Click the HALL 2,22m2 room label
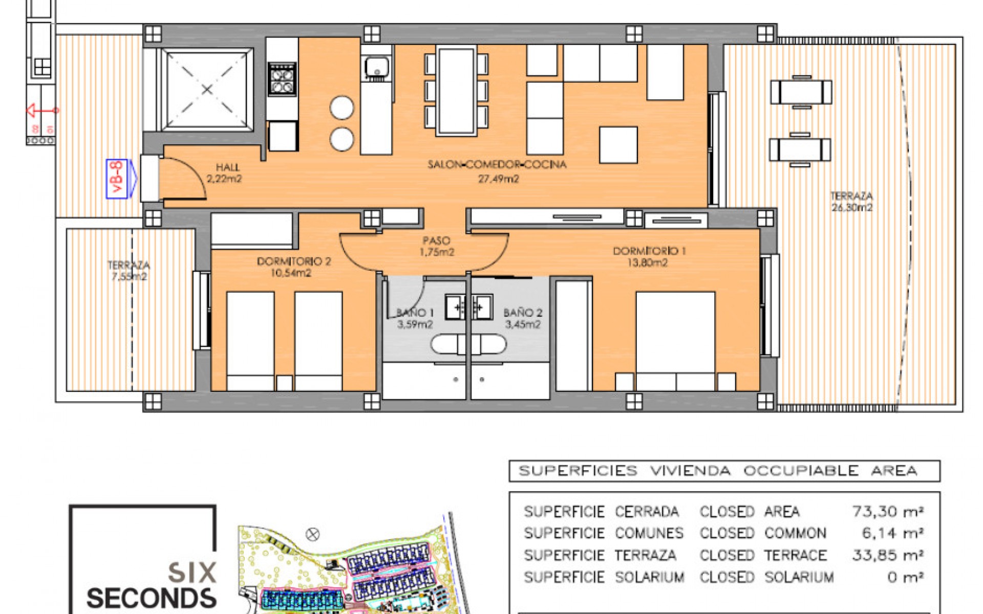pos(225,173)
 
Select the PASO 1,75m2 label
pos(437,246)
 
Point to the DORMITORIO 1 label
pos(649,256)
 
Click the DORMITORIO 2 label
pos(293,267)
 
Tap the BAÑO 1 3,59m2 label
pos(415,318)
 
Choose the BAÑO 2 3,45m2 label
pos(523,318)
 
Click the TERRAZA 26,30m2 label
pos(851,202)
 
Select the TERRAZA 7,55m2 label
pos(129,271)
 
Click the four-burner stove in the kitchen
pos(282,80)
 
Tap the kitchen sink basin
pos(377,67)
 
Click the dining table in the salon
pos(456,91)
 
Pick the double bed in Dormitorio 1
pos(675,338)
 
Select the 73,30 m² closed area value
pos(888,511)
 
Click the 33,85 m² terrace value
pos(888,555)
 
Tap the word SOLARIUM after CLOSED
pos(799,577)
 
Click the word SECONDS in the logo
pos(152,598)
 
